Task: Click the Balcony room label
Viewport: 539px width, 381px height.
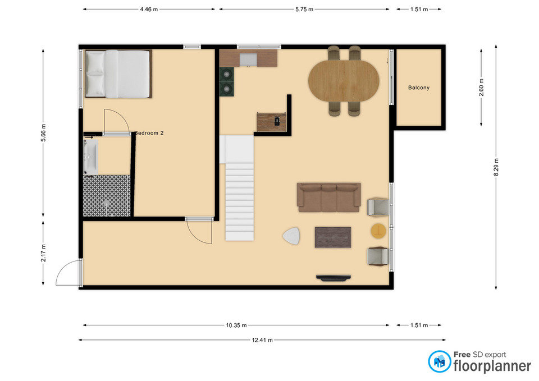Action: coord(419,88)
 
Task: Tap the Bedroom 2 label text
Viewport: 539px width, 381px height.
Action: coord(149,133)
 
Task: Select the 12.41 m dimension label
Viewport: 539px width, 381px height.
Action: coord(262,339)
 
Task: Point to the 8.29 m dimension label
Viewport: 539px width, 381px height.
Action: coord(496,168)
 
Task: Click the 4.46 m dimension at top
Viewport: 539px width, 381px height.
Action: coord(149,9)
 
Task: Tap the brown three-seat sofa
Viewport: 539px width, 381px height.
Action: coord(328,197)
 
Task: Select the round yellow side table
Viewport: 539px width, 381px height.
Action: coord(378,230)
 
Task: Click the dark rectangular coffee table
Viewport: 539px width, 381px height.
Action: coord(333,236)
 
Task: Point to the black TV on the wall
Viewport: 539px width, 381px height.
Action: coord(334,277)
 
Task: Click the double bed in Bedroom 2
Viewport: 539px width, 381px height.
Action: coord(118,74)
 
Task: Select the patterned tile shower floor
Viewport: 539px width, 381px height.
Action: coord(106,195)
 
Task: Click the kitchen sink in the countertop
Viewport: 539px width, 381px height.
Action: coord(248,59)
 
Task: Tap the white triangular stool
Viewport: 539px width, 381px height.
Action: coord(292,237)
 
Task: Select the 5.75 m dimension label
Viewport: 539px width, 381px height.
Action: coord(304,9)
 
